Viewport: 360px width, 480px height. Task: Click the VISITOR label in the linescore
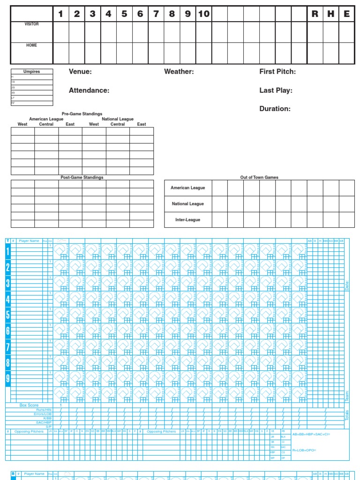[31, 24]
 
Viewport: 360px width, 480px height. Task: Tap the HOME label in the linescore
[31, 45]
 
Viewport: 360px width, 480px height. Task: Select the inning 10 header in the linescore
[203, 14]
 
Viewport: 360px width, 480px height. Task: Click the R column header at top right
[315, 14]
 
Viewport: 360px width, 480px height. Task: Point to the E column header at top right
[346, 14]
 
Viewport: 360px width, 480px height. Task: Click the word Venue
[80, 72]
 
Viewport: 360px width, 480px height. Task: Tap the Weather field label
[179, 72]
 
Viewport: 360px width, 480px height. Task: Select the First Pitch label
[277, 72]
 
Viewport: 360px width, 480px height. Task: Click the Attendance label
[89, 90]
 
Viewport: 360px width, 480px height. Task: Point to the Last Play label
[276, 90]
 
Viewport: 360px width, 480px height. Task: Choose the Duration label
[275, 109]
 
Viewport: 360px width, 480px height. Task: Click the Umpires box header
[32, 72]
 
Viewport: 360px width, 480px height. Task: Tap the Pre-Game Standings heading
[82, 114]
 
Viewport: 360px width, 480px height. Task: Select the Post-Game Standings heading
[82, 178]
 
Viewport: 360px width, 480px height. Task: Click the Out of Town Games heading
[259, 178]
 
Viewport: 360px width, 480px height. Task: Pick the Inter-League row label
[187, 220]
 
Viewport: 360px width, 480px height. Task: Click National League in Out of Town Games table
[187, 204]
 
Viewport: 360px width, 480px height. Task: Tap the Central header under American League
[46, 124]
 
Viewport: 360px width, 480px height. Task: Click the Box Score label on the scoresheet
[29, 405]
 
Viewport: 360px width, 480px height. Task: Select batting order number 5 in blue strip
[7, 315]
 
